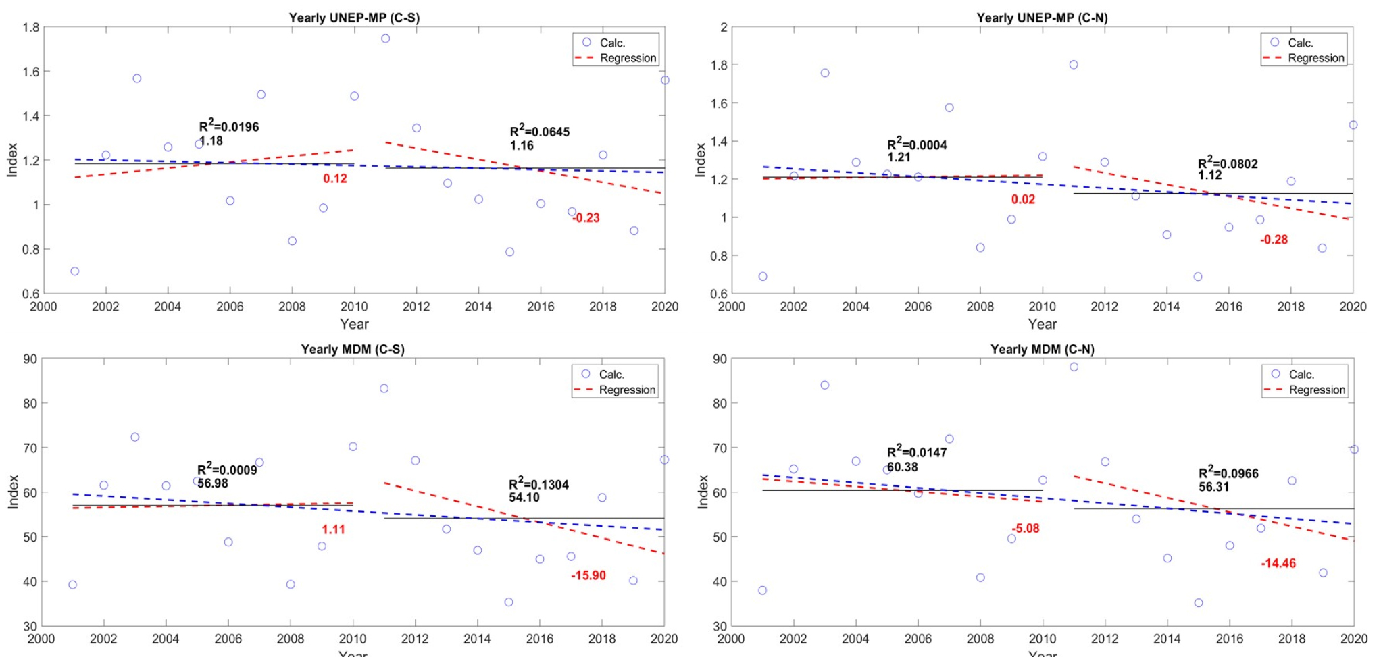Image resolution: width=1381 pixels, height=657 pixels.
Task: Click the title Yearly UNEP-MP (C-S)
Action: coord(354,18)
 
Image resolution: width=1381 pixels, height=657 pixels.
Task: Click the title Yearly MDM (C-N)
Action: coord(1042,349)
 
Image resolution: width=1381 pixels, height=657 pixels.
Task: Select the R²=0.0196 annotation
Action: coord(229,126)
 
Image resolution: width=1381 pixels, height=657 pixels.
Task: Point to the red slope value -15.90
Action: coord(588,575)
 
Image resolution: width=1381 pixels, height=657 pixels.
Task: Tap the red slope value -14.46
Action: coord(1278,563)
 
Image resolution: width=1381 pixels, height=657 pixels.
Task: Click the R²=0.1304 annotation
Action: coord(538,484)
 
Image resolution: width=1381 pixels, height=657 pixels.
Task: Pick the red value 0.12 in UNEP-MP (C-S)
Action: coord(334,178)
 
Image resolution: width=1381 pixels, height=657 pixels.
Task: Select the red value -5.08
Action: coord(1025,528)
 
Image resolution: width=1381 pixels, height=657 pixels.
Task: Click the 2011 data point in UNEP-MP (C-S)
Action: coord(385,38)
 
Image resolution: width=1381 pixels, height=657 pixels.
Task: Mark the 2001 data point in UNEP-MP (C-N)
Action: coord(763,276)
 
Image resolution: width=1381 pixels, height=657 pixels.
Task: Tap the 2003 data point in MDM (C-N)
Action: coord(825,385)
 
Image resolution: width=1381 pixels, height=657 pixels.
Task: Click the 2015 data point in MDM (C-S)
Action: coord(509,602)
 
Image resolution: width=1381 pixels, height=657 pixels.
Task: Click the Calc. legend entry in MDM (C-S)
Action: coord(611,374)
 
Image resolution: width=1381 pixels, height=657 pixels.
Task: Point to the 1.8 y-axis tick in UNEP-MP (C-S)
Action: coord(31,28)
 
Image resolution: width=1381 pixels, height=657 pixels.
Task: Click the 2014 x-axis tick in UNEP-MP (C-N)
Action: coord(1166,307)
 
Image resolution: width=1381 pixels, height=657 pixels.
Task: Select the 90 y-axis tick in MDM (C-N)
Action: coord(720,359)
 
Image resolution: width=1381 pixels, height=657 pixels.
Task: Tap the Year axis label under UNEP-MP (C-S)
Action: coord(354,324)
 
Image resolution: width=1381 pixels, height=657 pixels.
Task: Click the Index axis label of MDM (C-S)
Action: coord(13,492)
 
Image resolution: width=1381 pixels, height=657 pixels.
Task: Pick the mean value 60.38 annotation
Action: coord(902,467)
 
